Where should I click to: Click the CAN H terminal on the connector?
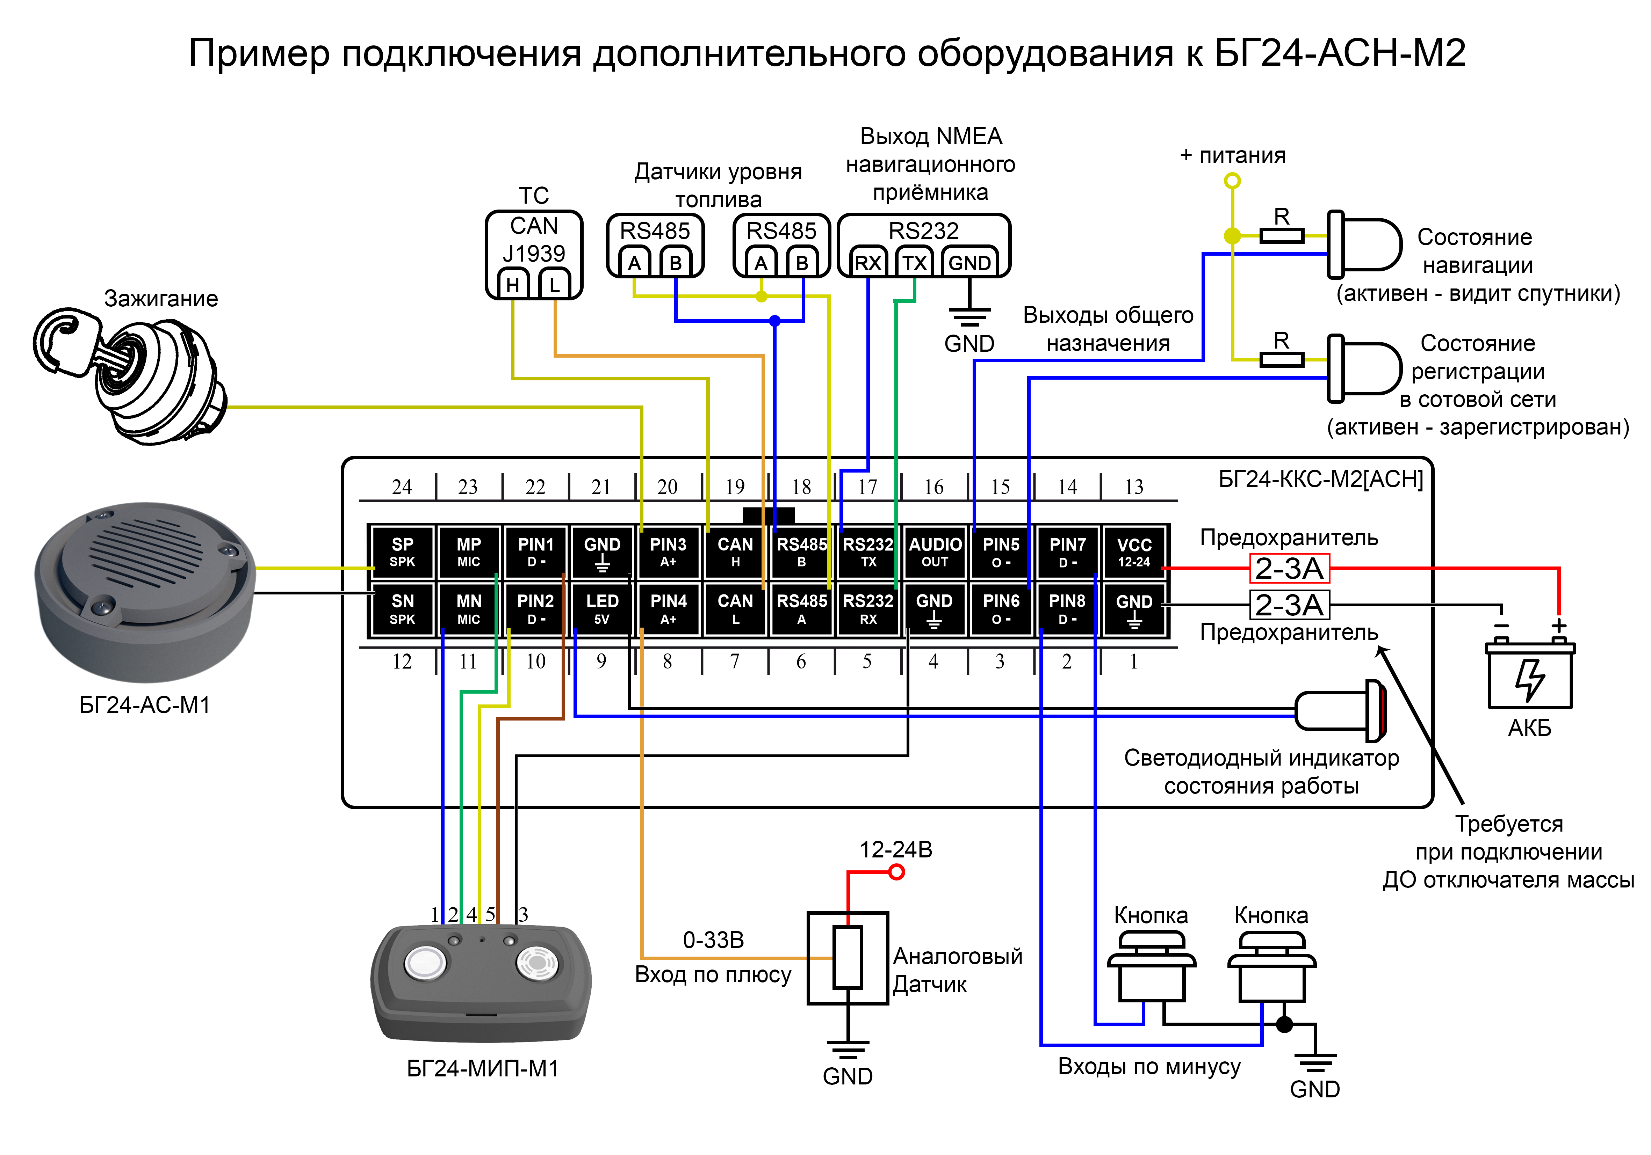735,552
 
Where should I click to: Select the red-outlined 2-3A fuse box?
1289,569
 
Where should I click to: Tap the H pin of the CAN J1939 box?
513,285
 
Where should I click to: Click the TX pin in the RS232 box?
915,263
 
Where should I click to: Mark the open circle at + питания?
1233,181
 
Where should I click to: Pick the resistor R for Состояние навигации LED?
1281,235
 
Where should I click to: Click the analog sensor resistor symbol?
848,957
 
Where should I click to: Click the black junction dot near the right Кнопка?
1284,1024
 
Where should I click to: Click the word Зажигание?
161,298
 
